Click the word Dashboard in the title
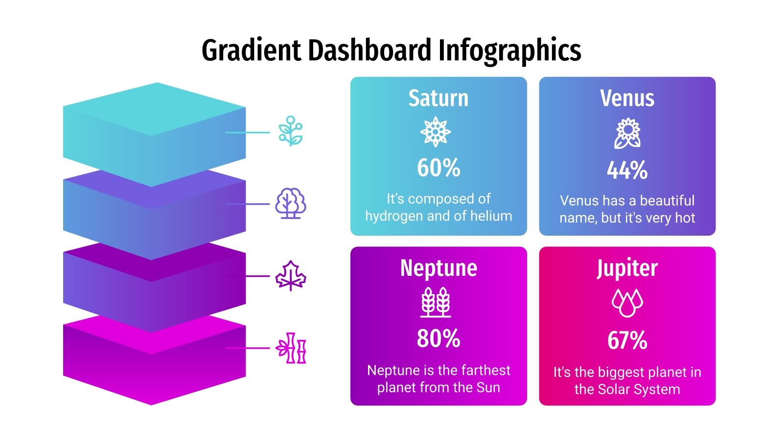(x=371, y=50)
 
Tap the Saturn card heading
(x=438, y=98)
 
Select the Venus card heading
(x=627, y=98)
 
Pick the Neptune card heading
(x=438, y=268)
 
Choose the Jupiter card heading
(x=627, y=268)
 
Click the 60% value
(x=438, y=168)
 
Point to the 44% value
(x=627, y=171)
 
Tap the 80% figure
(x=438, y=338)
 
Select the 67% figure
(x=627, y=340)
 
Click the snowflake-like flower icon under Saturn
(x=435, y=132)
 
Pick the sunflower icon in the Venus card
(x=627, y=133)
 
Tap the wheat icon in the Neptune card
(x=436, y=302)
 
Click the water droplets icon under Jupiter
(x=627, y=302)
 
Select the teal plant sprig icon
(x=291, y=131)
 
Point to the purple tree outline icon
(x=290, y=203)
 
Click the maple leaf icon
(x=290, y=276)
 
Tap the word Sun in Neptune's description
(x=488, y=387)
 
